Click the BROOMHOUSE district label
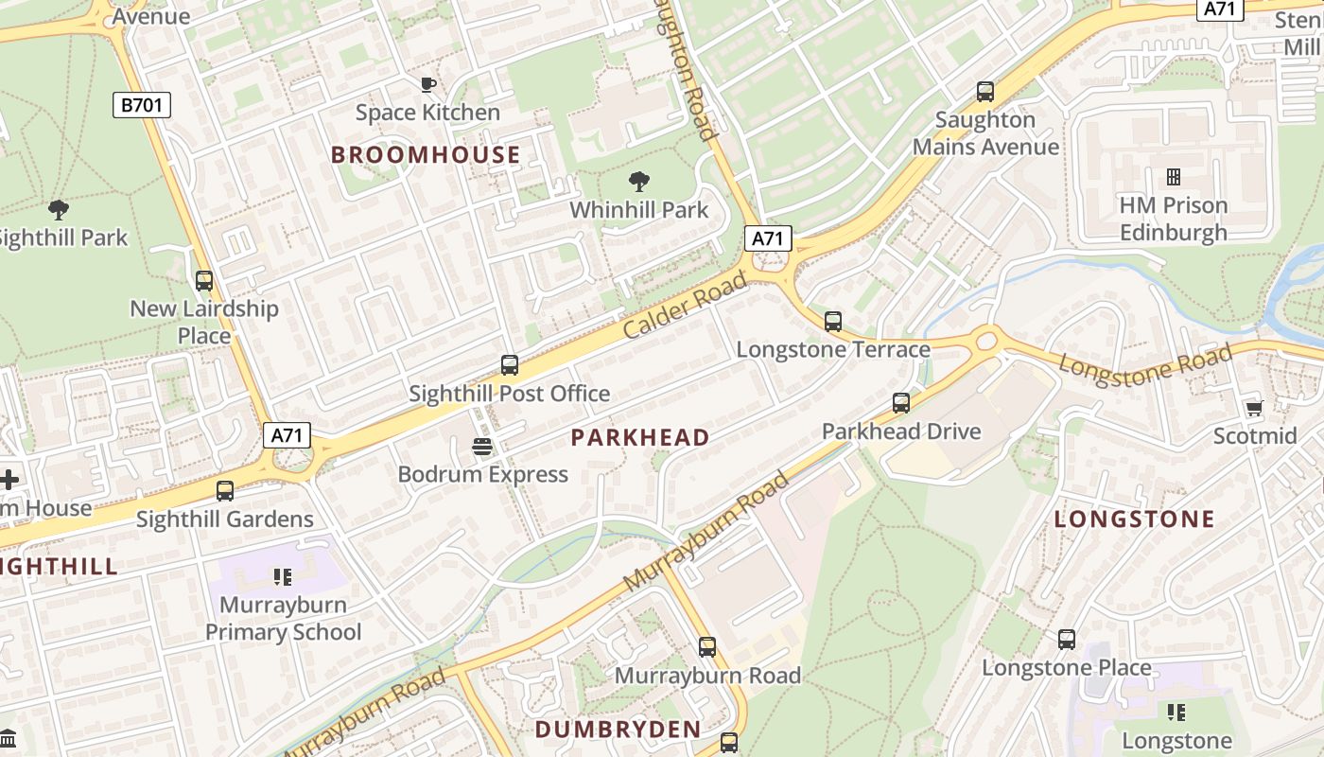tap(426, 155)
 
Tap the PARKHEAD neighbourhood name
tap(640, 437)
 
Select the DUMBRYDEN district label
tap(618, 730)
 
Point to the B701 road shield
tap(142, 104)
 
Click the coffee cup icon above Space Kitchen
tap(428, 84)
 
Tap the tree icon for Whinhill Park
tap(639, 181)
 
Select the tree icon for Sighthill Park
tap(59, 210)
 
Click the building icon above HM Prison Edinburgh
tap(1174, 177)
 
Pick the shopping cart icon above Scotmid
tap(1254, 408)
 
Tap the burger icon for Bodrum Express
tap(482, 446)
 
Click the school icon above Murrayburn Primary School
tap(282, 576)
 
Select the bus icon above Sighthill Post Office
tap(510, 365)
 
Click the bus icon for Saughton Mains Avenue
tap(985, 92)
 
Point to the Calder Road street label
tap(686, 305)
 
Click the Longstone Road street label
tap(1145, 360)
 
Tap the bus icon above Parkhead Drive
tap(901, 403)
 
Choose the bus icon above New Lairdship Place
tap(204, 281)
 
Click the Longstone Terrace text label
tap(833, 350)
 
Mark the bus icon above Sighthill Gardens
tap(225, 491)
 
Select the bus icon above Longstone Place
tap(1067, 640)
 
